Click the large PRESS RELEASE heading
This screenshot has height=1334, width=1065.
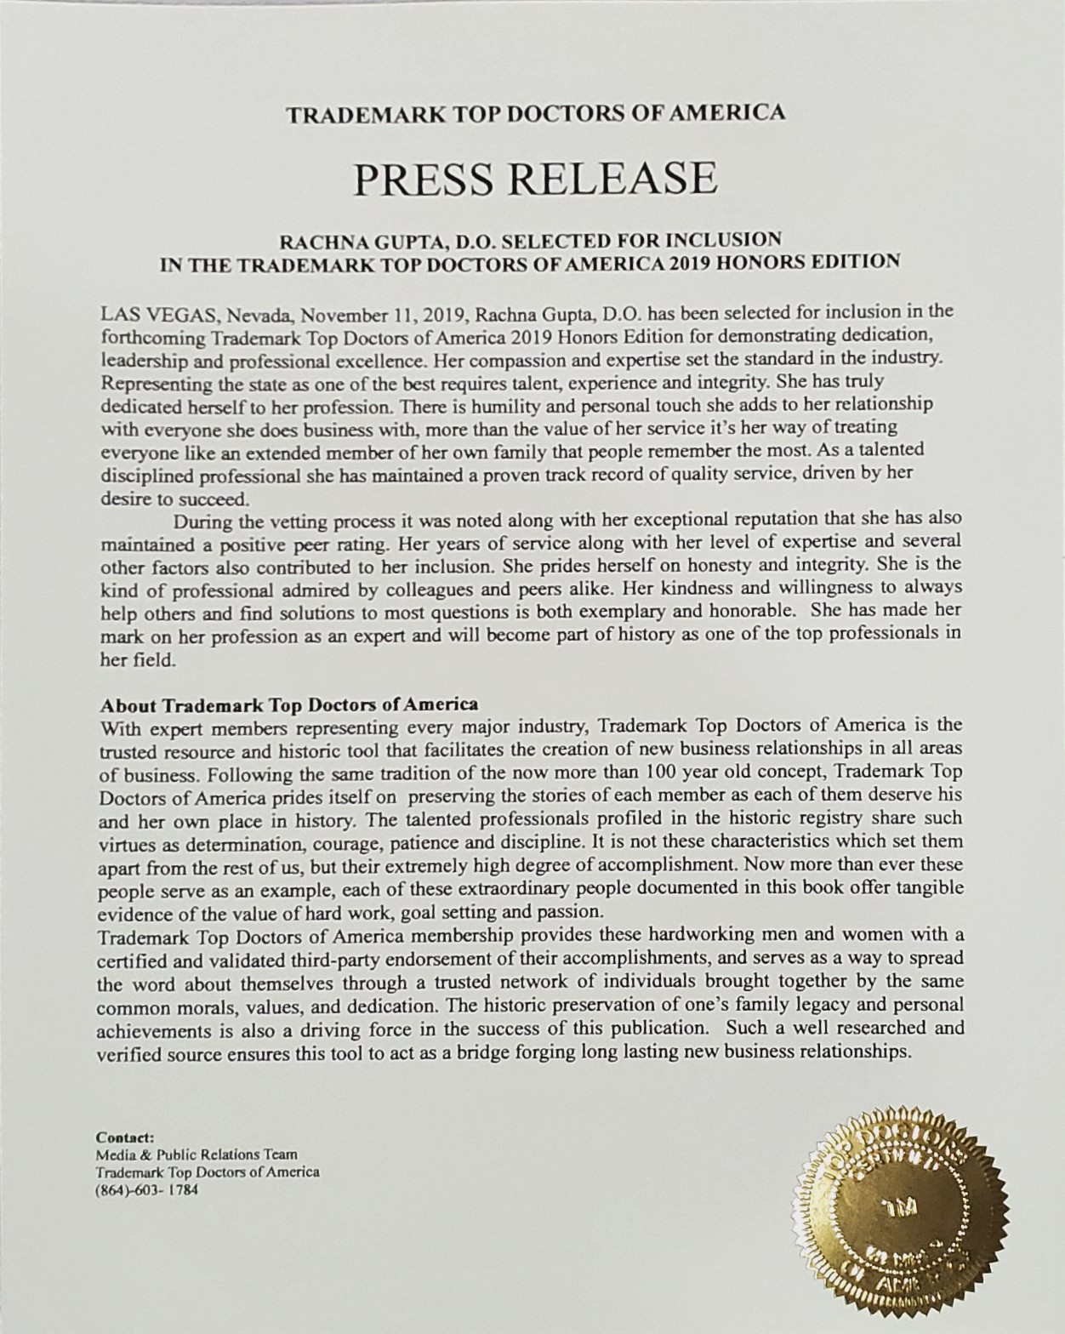click(x=535, y=179)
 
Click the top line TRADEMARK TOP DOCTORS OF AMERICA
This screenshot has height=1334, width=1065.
click(x=535, y=113)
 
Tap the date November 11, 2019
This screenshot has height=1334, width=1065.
click(x=381, y=312)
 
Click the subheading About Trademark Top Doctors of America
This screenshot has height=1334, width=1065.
click(x=289, y=704)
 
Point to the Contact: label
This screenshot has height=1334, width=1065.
click(x=125, y=1137)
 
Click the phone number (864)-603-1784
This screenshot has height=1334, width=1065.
click(x=147, y=1189)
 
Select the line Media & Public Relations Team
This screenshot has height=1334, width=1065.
click(x=197, y=1154)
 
